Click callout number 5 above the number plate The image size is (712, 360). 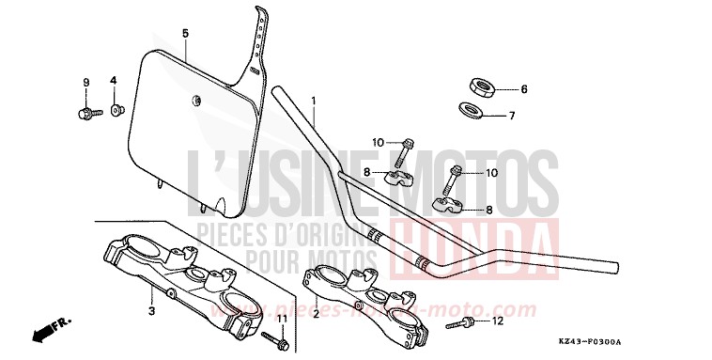pos(185,33)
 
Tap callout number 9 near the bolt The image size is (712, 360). pos(85,82)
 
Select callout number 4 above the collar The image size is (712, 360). pos(113,82)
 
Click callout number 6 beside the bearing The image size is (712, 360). pos(524,89)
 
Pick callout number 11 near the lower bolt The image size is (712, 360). pos(281,320)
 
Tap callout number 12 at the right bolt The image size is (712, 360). pos(498,321)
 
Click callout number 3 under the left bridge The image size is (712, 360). pos(150,308)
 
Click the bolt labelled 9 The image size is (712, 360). pos(84,114)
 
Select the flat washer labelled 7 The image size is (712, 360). pos(473,111)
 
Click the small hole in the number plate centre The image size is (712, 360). pos(196,99)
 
